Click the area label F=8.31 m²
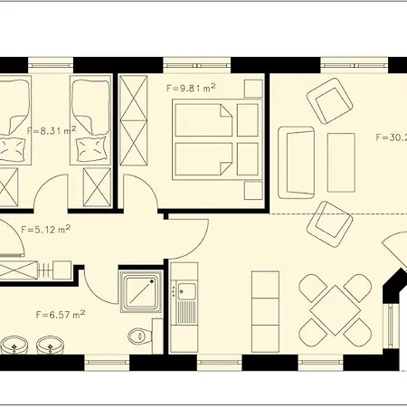(x=52, y=130)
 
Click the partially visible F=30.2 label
(x=390, y=138)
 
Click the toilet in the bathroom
(x=139, y=336)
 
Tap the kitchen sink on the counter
(x=187, y=291)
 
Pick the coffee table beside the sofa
(x=340, y=161)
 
